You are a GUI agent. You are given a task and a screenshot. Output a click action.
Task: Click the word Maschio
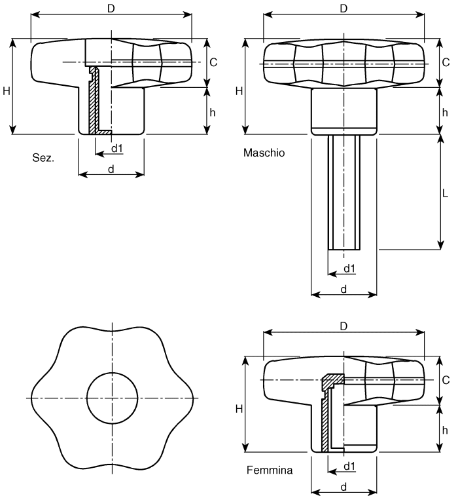pos(264,153)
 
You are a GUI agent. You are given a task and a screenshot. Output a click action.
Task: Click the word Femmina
pos(270,470)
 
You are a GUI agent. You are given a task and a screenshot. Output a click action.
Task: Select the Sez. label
pos(43,157)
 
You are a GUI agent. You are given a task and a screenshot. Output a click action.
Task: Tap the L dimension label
pos(445,193)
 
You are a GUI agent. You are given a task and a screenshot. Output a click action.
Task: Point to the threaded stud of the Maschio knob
pos(344,193)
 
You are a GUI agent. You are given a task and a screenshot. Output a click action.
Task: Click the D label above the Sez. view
pos(111,9)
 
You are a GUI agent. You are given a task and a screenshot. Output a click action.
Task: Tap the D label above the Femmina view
pos(343,326)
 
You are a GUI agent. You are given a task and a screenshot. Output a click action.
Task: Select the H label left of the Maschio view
pos(239,91)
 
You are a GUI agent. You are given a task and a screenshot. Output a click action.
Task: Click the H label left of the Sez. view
pos(7,91)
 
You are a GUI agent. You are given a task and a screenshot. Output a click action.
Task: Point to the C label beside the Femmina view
pos(446,380)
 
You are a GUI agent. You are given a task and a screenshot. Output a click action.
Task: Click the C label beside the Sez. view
pos(213,62)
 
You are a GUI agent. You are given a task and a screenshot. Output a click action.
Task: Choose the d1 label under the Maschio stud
pos(349,268)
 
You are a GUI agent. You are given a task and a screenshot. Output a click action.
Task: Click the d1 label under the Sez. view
pos(117,148)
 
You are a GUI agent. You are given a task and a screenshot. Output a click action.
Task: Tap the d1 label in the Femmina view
pos(349,466)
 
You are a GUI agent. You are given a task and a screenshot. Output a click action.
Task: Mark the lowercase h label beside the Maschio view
pos(445,112)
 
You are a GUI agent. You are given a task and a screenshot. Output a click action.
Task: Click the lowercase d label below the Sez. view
pos(111,169)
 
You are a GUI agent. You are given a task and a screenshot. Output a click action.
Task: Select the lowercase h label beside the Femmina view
pos(445,430)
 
